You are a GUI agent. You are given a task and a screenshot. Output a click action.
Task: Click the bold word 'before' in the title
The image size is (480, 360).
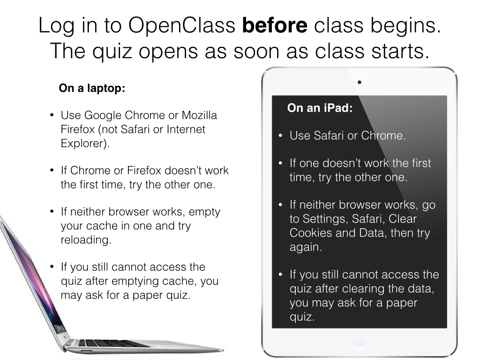[x=275, y=25]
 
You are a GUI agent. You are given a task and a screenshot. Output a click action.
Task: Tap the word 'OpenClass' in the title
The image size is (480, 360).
[x=181, y=25]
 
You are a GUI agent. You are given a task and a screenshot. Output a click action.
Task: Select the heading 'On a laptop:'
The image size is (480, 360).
[x=92, y=88]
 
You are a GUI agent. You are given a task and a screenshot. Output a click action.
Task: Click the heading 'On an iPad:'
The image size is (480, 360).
[x=320, y=108]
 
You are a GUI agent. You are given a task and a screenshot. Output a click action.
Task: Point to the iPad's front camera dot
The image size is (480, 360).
[x=360, y=82]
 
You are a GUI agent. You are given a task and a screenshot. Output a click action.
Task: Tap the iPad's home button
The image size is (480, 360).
[x=360, y=343]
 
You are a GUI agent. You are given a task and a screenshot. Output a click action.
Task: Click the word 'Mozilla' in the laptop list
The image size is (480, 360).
[x=199, y=115]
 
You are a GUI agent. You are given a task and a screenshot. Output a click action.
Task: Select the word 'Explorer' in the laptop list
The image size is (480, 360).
[x=83, y=143]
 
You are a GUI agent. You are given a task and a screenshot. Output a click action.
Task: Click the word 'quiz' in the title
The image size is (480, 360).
[x=112, y=51]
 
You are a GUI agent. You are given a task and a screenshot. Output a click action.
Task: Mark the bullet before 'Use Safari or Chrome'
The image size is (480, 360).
[x=280, y=135]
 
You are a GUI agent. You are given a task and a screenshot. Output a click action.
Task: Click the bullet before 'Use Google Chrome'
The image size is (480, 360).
[x=52, y=115]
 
